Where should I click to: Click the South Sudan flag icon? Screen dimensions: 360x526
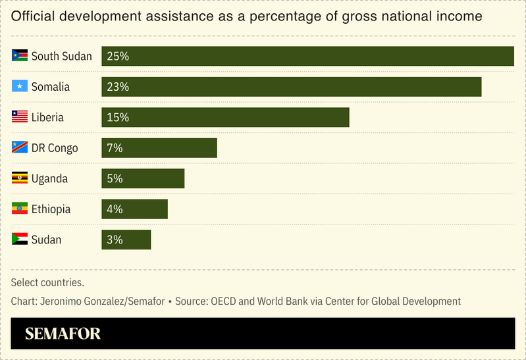coord(20,56)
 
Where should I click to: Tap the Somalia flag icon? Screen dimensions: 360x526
coord(20,86)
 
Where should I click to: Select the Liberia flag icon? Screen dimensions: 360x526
coord(20,117)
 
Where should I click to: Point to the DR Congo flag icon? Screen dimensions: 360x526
coord(20,147)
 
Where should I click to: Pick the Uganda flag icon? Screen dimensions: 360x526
coord(20,178)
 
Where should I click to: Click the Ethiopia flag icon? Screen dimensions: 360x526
coord(20,209)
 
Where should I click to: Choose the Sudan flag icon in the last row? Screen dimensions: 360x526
coord(20,240)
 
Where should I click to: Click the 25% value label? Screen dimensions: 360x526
coord(117,57)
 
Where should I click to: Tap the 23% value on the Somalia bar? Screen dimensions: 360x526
coord(117,87)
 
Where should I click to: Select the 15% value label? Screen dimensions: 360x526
coord(117,118)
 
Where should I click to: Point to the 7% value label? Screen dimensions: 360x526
coord(115,148)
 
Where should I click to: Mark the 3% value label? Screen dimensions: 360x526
coord(115,240)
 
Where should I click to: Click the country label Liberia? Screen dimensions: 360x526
coord(47,118)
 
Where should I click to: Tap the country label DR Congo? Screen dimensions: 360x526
coord(55,148)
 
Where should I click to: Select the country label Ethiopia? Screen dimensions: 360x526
coord(51,209)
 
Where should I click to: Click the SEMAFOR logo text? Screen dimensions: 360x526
coord(63,334)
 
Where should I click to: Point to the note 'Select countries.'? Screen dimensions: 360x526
coord(47,283)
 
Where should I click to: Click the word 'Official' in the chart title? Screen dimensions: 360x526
coord(34,16)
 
